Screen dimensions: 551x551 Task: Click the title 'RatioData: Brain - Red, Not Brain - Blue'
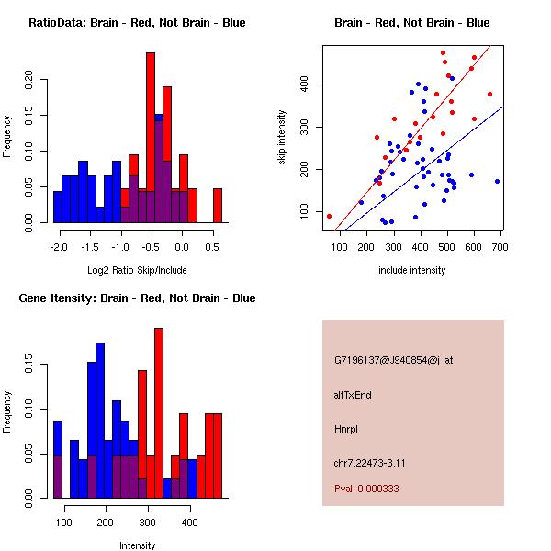138,22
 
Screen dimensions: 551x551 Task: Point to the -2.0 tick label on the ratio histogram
60,246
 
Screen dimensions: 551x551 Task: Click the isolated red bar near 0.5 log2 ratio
218,205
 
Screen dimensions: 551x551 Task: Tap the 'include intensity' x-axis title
412,270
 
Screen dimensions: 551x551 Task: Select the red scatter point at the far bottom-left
329,216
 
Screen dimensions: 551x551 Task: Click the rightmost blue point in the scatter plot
497,181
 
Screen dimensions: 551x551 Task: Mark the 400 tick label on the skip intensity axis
304,84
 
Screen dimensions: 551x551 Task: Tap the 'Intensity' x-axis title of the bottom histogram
137,545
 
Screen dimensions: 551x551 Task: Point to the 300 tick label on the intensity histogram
147,523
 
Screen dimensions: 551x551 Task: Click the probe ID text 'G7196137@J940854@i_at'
393,360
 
